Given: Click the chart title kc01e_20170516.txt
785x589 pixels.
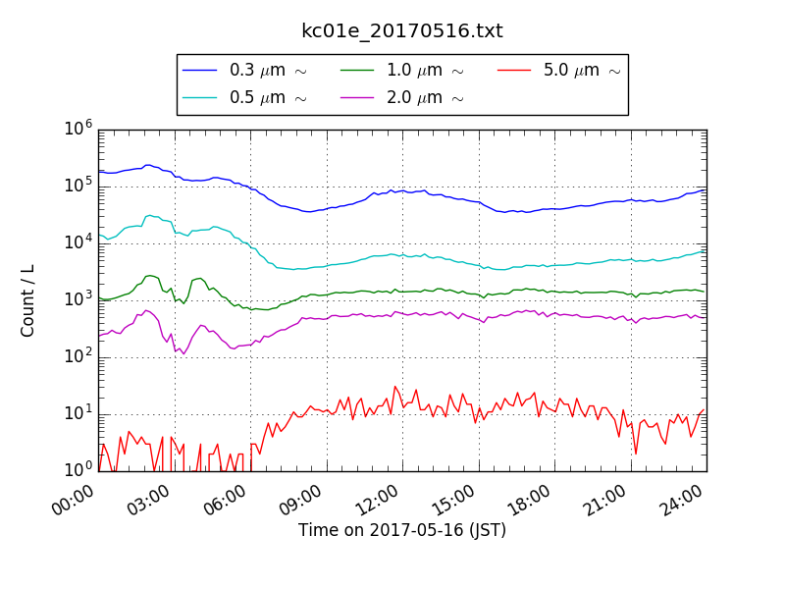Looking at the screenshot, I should coord(401,31).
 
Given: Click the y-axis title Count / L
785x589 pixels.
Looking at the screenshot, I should coord(28,300).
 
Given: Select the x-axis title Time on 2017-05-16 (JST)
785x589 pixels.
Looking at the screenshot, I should coord(402,530).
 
